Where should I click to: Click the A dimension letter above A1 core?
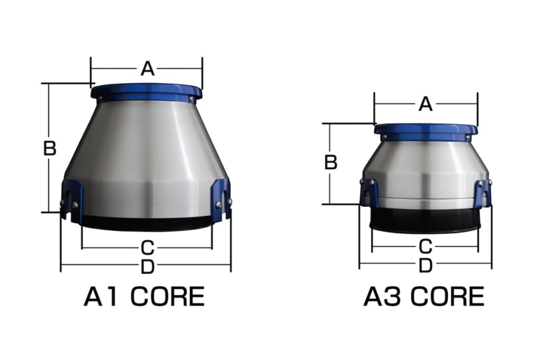click(x=147, y=69)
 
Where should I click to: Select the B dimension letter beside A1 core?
click(x=50, y=149)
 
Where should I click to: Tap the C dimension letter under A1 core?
click(x=148, y=247)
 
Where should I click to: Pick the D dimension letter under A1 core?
click(x=148, y=267)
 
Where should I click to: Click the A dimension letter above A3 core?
click(x=426, y=104)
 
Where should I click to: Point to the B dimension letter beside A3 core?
click(x=331, y=162)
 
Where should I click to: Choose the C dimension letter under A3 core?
click(x=425, y=246)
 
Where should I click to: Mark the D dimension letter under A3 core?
click(x=425, y=266)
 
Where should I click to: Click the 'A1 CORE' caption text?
click(x=144, y=297)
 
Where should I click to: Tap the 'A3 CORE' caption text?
click(x=423, y=297)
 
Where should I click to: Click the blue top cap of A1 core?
click(x=146, y=92)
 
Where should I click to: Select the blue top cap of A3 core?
click(x=426, y=131)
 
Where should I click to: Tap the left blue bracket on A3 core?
click(x=369, y=192)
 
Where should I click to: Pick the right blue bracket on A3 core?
click(x=482, y=193)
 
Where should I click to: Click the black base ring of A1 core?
click(x=147, y=223)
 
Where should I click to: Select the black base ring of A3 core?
click(x=425, y=220)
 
